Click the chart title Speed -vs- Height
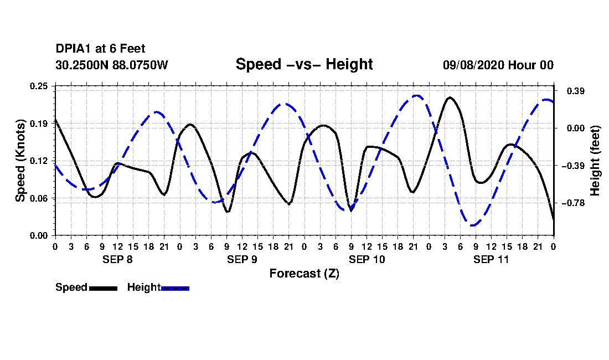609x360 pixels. (304, 64)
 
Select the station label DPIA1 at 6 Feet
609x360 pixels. (100, 49)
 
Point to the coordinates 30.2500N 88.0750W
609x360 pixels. (112, 65)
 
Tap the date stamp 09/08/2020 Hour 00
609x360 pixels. (498, 65)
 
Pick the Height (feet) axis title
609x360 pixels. (595, 161)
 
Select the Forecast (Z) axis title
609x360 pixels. (304, 274)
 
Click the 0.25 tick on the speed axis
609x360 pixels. (39, 86)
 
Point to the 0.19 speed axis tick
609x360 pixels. (39, 124)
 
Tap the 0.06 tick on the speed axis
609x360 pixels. (39, 198)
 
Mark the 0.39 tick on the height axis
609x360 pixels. (576, 91)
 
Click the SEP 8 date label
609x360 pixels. (117, 259)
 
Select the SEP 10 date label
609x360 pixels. (367, 259)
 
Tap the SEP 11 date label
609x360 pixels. (491, 259)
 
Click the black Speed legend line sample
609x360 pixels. (104, 288)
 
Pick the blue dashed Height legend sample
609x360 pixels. (175, 288)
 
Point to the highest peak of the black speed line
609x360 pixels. (450, 97)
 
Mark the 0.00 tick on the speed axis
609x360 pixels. (39, 236)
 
